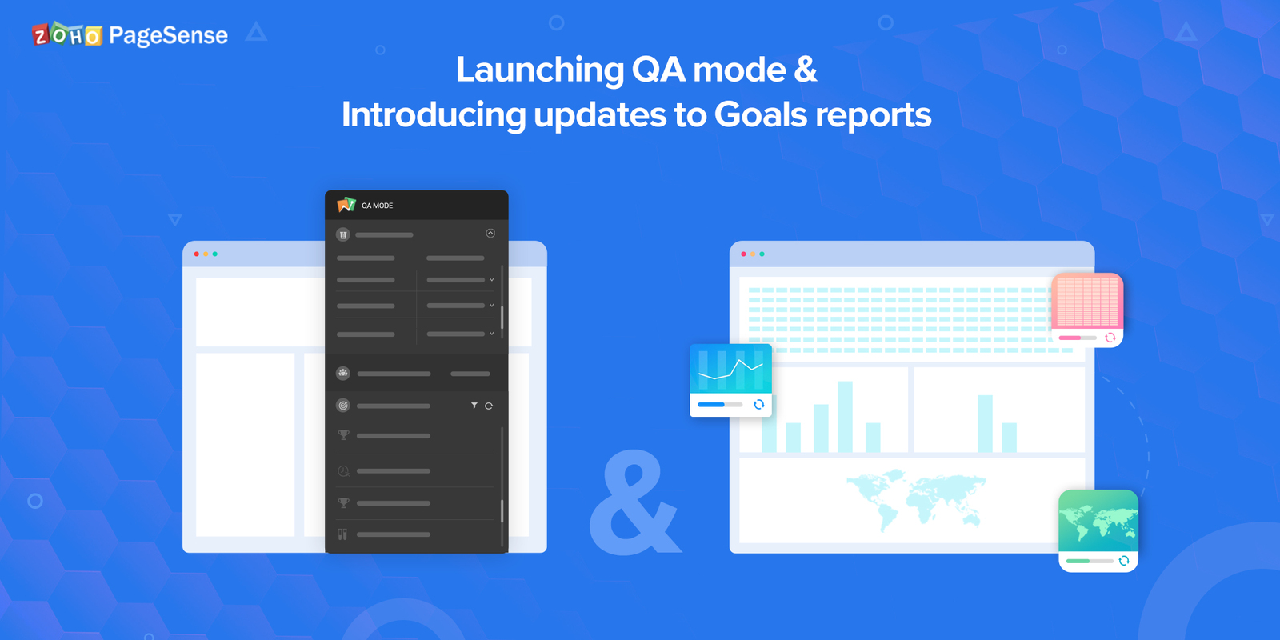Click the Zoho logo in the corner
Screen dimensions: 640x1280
pos(67,35)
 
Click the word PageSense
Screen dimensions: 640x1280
pos(168,36)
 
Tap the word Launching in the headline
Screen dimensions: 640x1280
pos(539,70)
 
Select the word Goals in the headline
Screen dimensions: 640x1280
pos(760,115)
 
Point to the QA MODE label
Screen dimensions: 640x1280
pos(378,206)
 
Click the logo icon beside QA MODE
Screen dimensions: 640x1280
pos(346,205)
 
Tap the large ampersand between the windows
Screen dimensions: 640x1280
pos(634,504)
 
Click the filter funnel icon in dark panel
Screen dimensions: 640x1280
pos(474,406)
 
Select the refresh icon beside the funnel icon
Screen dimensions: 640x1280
pos(489,406)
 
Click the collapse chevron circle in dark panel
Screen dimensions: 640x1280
pos(490,234)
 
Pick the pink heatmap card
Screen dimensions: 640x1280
pos(1087,309)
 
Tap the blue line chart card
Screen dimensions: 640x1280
pos(730,379)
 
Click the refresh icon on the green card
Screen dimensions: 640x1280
pos(1124,561)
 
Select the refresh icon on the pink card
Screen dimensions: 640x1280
pos(1110,338)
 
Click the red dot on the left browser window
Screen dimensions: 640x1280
pos(197,254)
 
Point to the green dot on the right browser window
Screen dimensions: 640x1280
pos(762,254)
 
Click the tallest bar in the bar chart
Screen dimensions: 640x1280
pos(845,416)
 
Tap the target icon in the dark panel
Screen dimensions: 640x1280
pos(343,406)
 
